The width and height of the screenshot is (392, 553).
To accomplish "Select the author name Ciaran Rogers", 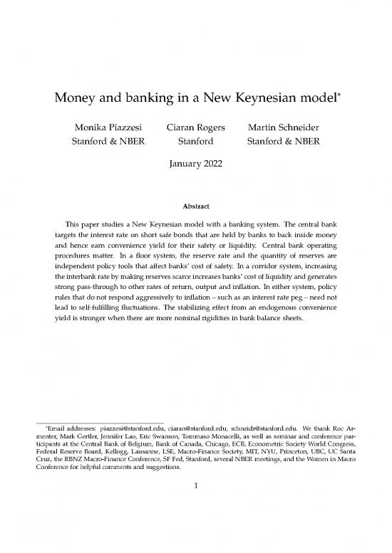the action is click(195, 128).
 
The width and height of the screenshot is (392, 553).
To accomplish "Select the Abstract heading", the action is click(195, 206).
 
